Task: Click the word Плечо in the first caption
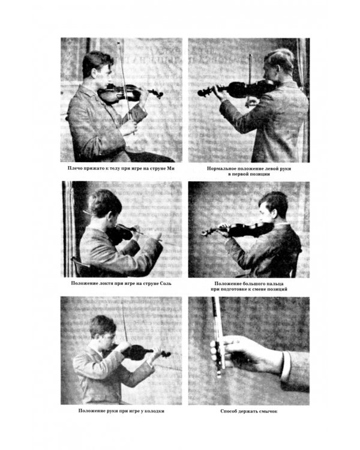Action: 74,168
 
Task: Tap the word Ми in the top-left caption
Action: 171,168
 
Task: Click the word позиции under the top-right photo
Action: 259,174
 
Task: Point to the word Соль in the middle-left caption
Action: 166,283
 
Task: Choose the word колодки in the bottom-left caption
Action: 154,411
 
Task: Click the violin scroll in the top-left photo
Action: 158,93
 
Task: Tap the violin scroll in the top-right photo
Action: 203,92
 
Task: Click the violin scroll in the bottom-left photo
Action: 166,353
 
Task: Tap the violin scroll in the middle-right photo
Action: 206,232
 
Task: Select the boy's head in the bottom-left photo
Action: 103,331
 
